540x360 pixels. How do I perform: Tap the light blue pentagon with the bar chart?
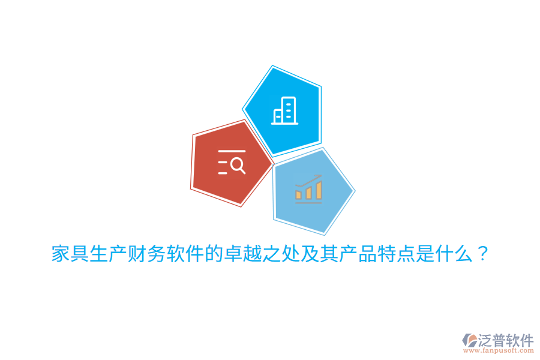[311, 191]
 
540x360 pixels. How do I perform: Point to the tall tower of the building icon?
[289, 110]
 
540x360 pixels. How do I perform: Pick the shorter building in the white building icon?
[278, 116]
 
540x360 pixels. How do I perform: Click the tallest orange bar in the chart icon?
[319, 190]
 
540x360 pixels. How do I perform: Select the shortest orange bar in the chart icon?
[299, 195]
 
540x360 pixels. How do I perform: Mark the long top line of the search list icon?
[232, 151]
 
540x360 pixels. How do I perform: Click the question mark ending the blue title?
[483, 254]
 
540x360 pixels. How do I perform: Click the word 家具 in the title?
[71, 254]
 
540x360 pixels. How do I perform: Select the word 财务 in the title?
[148, 254]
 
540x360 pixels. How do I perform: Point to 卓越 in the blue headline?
[243, 254]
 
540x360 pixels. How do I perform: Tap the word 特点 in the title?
[397, 254]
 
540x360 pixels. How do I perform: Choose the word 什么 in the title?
[454, 254]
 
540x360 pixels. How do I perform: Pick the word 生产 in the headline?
[109, 254]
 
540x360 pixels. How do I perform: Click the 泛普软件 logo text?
[506, 340]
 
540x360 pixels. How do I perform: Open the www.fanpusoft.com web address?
[499, 350]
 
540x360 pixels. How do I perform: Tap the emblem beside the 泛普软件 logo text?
[470, 340]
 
